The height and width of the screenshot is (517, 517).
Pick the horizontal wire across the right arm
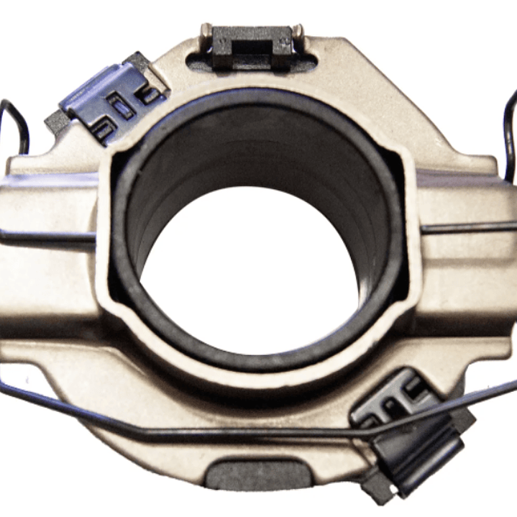(467, 229)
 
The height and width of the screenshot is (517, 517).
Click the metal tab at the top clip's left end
(206, 32)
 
